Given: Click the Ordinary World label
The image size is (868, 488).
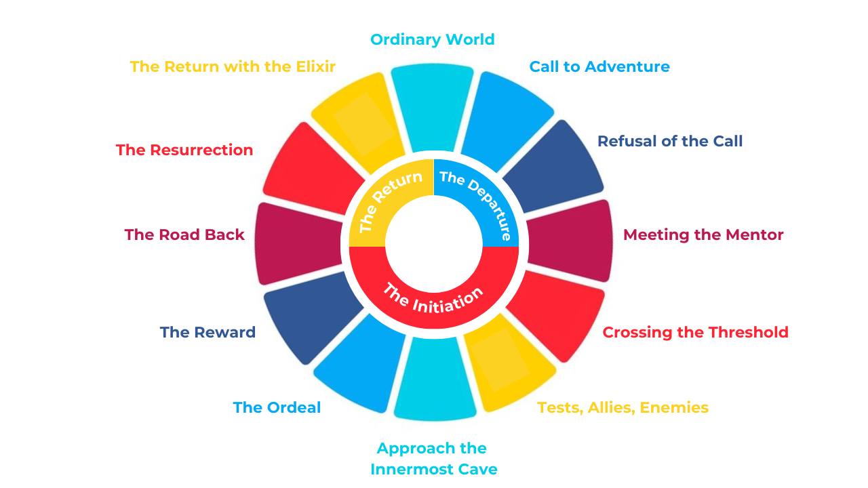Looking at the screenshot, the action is click(433, 39).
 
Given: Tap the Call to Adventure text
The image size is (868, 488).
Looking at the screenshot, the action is click(599, 66).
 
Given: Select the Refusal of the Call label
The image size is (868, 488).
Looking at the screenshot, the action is click(670, 142).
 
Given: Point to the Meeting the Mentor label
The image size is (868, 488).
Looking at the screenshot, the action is click(703, 235).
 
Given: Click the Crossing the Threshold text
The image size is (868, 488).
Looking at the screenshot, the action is click(696, 332).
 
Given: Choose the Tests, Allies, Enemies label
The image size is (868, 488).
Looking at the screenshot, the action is click(623, 408).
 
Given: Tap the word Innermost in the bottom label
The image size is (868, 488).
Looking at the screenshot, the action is click(415, 470).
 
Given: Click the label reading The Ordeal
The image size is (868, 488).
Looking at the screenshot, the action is click(277, 407).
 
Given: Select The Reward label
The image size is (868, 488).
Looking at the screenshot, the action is click(208, 332).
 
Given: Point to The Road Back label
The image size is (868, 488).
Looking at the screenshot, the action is click(184, 235).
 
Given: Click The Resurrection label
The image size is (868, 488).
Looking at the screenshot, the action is click(184, 150).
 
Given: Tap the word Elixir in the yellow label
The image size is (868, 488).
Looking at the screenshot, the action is click(315, 66).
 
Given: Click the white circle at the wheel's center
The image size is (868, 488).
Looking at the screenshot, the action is click(434, 244).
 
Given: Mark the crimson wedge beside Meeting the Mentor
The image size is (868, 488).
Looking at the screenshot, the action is click(570, 241).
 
